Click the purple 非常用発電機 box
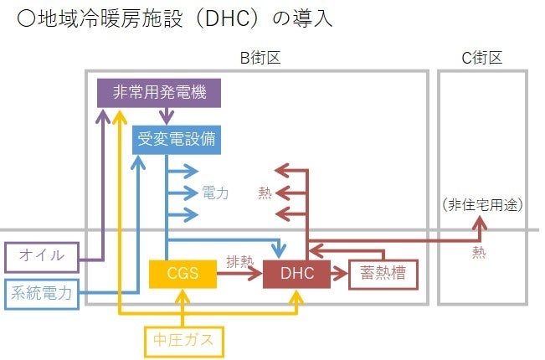point(159,92)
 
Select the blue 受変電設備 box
point(177,139)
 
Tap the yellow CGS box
point(182,274)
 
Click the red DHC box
point(296,274)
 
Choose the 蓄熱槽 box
point(383,274)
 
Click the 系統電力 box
point(44,292)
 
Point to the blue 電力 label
point(215,193)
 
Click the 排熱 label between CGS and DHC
point(239,261)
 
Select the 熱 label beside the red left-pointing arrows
point(265,193)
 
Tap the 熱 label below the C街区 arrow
point(478,249)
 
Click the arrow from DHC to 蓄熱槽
point(339,274)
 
